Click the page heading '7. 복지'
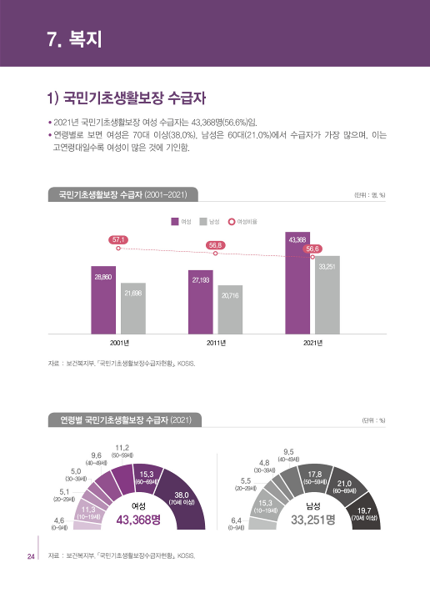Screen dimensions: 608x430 point(74,38)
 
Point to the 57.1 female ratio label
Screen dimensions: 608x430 point(118,239)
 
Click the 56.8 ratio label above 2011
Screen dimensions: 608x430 point(215,244)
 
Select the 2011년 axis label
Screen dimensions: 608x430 point(215,343)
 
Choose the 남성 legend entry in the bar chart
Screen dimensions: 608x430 point(209,221)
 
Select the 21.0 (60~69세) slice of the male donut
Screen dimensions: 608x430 point(346,486)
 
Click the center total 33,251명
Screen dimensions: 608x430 point(312,520)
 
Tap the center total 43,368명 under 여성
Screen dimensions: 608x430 point(138,520)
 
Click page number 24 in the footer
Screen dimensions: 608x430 point(30,557)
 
